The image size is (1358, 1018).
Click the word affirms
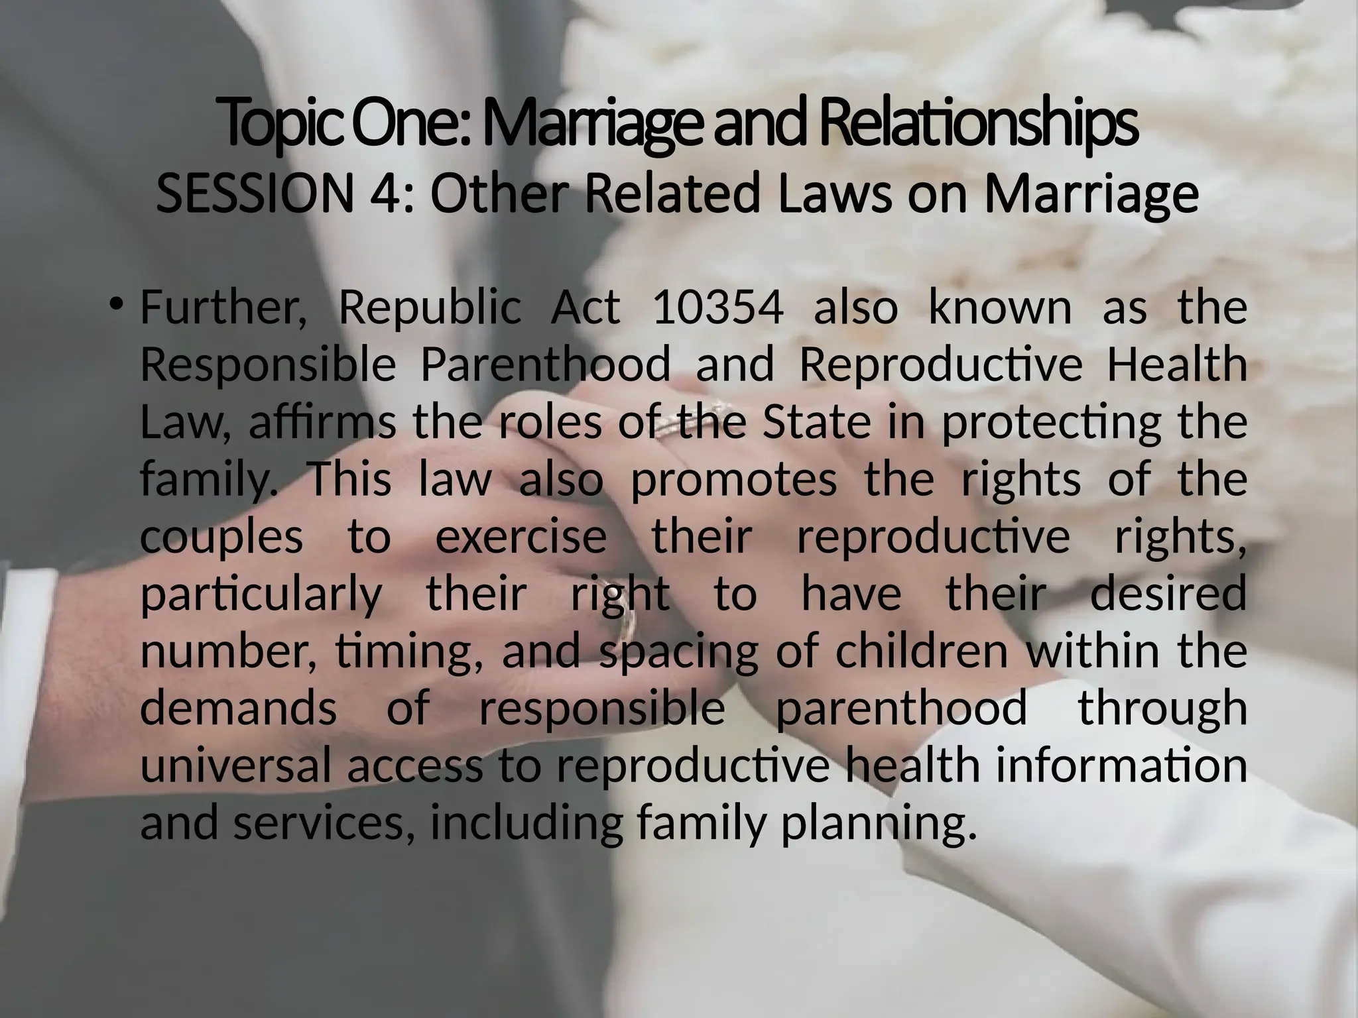(x=322, y=423)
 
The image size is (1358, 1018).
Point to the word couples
(x=221, y=537)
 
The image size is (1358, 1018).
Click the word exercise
(x=521, y=536)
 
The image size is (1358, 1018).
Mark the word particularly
(x=262, y=594)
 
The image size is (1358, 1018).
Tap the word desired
(x=1168, y=593)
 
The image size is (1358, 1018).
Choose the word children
(x=924, y=651)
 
